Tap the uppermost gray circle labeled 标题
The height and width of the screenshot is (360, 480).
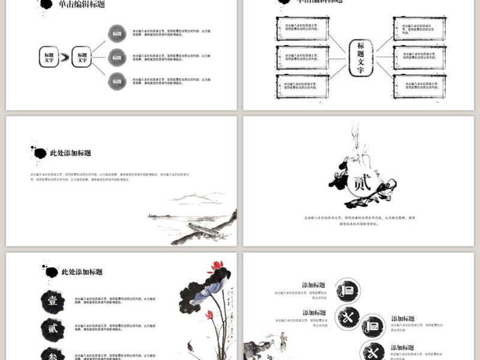coord(116,34)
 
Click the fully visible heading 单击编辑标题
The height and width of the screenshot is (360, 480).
coord(82,5)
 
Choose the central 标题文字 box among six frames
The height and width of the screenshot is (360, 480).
coord(361,58)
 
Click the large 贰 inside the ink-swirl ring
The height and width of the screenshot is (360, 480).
coord(362,182)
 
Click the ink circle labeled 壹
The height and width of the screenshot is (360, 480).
coord(52,301)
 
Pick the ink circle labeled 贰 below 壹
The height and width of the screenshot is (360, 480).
coord(52,328)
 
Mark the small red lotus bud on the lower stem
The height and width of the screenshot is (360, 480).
coord(209,314)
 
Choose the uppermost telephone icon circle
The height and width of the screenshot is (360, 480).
coord(347,290)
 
